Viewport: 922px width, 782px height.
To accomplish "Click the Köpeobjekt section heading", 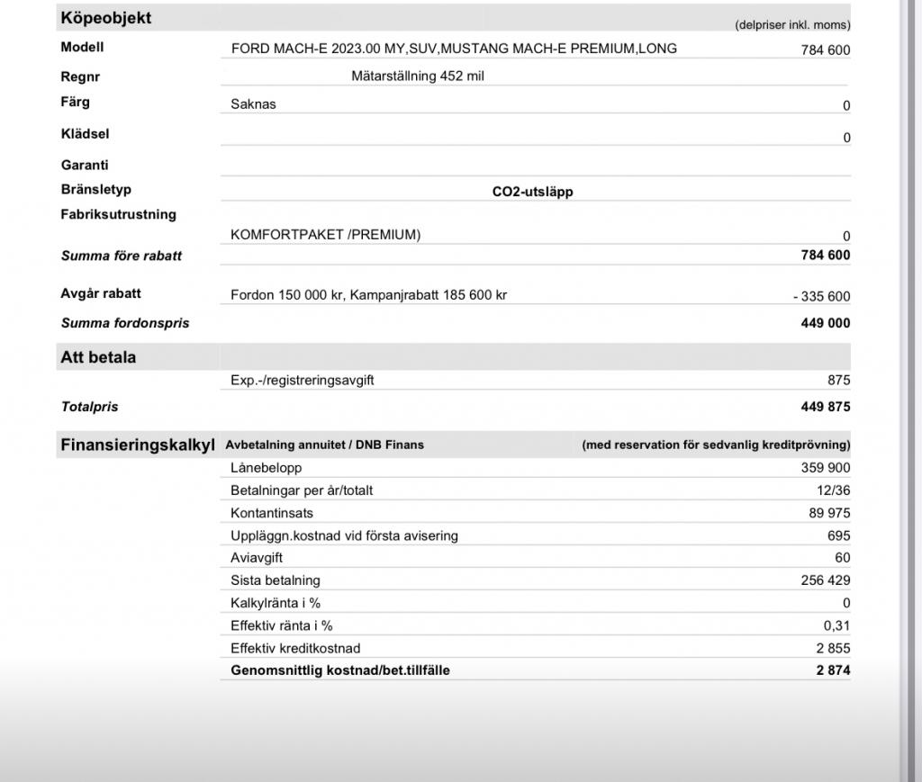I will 106,18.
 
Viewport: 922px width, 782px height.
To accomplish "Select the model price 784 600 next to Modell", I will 825,50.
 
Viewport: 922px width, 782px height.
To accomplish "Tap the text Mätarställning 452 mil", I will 417,76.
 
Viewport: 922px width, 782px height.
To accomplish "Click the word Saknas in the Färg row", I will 253,104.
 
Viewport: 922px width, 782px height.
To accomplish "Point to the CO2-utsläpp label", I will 532,192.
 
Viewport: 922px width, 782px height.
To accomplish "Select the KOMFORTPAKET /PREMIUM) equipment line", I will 325,235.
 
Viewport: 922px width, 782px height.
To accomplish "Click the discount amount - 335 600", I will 816,297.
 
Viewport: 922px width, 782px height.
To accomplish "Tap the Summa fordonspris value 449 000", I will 825,323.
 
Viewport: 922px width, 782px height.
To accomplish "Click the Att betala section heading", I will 98,357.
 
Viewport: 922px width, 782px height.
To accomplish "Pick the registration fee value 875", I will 838,381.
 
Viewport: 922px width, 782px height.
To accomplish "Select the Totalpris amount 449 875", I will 825,407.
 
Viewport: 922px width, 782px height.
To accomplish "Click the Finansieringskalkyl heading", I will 137,445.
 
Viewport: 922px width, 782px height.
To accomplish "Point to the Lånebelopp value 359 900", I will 825,468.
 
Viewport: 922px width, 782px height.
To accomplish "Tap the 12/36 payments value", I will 833,490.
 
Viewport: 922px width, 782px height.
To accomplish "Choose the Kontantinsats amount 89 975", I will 828,513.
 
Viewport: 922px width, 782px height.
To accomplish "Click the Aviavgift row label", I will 257,558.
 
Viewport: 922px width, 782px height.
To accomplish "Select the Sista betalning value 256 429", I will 825,580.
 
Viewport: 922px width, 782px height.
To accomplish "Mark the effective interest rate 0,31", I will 836,625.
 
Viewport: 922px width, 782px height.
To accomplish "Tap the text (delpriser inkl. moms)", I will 792,25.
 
